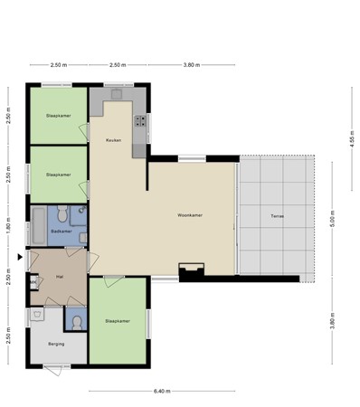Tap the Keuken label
click(113, 140)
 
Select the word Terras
click(276, 215)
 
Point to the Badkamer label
click(62, 232)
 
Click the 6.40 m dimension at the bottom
click(161, 391)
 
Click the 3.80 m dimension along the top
click(191, 65)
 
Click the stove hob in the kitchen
click(141, 119)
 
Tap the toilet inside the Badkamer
click(62, 214)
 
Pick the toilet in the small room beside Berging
click(75, 321)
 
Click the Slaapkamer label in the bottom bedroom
click(118, 320)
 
